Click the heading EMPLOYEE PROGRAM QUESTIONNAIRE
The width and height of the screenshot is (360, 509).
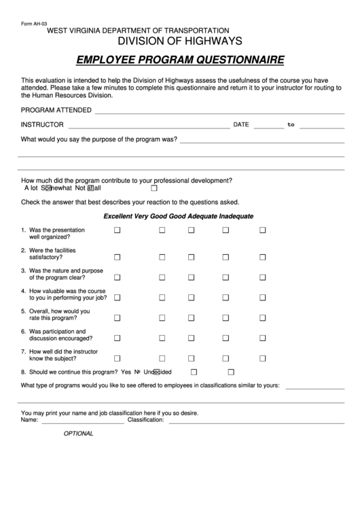click(x=180, y=60)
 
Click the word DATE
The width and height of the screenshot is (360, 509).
click(x=241, y=125)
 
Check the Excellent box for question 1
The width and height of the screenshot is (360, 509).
click(x=117, y=231)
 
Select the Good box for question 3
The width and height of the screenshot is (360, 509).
click(x=191, y=277)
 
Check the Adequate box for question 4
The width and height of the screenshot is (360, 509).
click(x=223, y=297)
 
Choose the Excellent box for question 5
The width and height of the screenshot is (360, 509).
click(x=117, y=317)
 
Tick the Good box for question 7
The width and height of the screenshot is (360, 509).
click(x=191, y=358)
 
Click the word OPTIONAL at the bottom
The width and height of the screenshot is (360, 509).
click(x=78, y=434)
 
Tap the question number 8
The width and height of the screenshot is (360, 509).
click(x=24, y=372)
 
